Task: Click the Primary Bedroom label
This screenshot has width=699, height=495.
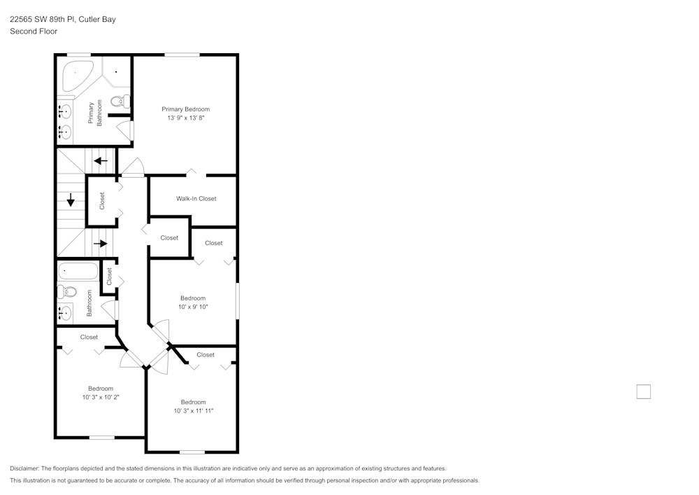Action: [185, 109]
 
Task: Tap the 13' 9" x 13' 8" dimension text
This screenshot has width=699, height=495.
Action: [185, 118]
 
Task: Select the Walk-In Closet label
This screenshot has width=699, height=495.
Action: [196, 199]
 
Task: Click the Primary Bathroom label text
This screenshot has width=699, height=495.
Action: [94, 113]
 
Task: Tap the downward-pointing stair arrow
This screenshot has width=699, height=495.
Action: [71, 200]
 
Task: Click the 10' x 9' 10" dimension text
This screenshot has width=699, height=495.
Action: [192, 307]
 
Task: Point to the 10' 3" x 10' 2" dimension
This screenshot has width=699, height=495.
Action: [101, 397]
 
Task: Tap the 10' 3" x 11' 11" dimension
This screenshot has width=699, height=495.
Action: [193, 411]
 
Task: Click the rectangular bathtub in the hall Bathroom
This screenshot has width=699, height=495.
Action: [78, 270]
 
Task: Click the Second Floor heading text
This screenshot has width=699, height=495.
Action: [34, 32]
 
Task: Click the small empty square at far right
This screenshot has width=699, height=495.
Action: [643, 391]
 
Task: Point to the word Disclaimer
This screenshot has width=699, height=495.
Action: [24, 468]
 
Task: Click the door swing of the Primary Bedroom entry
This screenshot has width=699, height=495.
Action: [133, 167]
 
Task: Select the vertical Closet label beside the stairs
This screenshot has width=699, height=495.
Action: [102, 201]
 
